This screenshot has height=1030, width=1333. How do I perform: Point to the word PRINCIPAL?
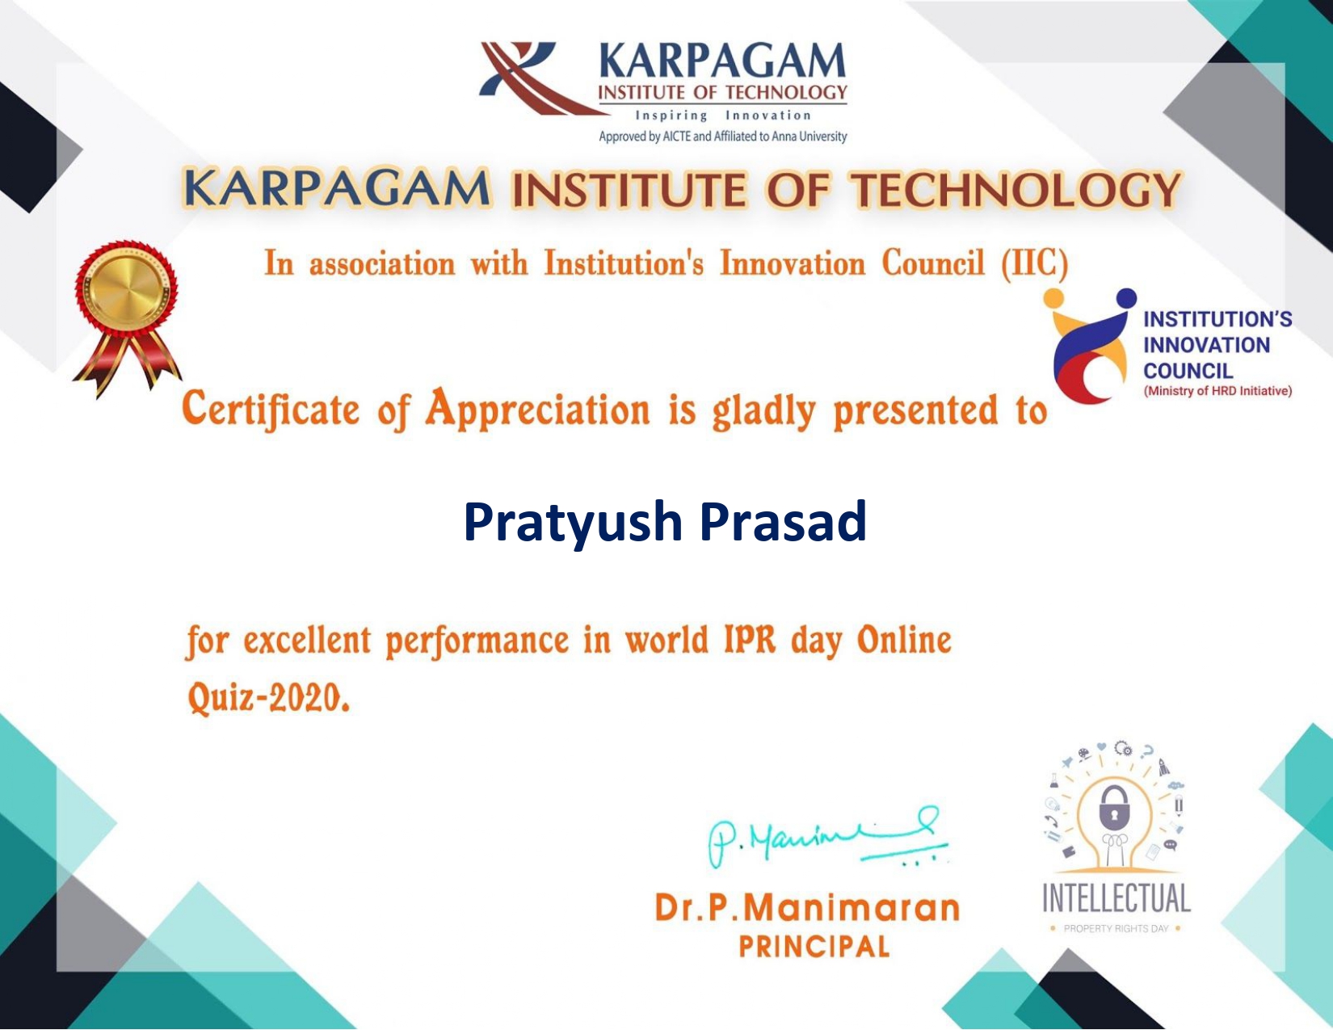click(814, 947)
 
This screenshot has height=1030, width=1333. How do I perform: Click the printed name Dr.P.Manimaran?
click(807, 908)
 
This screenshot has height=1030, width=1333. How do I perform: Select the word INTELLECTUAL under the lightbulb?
click(1116, 898)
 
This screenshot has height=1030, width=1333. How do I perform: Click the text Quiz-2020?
click(268, 697)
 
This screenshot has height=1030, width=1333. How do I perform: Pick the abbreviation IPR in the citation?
click(749, 641)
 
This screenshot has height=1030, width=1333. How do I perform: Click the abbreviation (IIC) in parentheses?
click(1034, 264)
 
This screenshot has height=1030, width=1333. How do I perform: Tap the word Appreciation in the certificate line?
click(538, 409)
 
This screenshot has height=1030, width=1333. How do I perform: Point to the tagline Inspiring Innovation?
click(722, 116)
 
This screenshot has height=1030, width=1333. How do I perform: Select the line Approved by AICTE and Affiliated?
click(722, 137)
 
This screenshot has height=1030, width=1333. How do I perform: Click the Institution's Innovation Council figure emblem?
click(1091, 346)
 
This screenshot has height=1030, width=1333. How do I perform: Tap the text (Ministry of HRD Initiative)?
click(1217, 391)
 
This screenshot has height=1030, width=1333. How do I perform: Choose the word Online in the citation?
click(904, 641)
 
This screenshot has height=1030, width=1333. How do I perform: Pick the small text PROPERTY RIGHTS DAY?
click(1116, 929)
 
